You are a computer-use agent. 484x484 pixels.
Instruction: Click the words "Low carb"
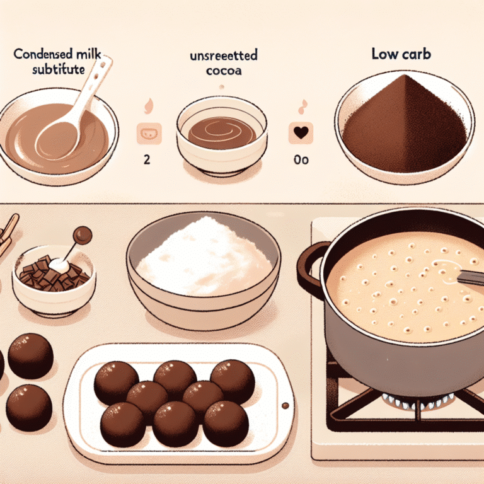401,54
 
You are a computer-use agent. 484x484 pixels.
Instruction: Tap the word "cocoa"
224,71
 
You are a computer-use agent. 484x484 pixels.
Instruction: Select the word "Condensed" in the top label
43,54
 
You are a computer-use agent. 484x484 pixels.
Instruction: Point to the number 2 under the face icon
147,159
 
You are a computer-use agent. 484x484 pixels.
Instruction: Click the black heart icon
301,132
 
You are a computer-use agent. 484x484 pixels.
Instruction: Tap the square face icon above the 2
149,134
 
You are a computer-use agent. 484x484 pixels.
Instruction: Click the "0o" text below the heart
301,160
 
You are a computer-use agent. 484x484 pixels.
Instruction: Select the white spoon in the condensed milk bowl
74,108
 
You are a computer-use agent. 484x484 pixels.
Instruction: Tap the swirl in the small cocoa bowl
222,132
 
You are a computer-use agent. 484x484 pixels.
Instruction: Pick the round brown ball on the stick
83,234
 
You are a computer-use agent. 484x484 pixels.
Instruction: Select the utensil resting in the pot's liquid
470,277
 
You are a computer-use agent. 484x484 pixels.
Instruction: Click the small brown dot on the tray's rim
285,406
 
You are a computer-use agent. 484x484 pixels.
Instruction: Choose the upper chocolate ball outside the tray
30,356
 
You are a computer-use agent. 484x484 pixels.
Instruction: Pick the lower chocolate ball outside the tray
29,408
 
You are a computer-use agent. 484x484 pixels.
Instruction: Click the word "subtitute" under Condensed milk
59,69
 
